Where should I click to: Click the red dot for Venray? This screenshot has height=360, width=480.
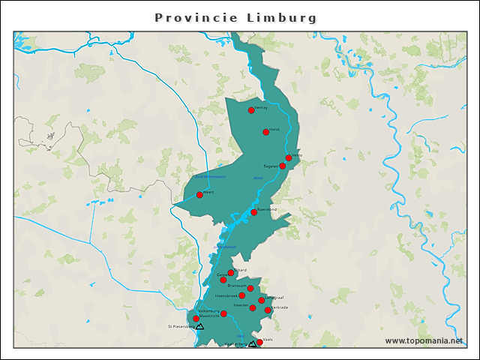click(x=251, y=110)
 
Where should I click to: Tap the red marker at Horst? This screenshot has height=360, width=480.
click(x=266, y=132)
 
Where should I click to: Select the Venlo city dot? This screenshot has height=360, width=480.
click(x=289, y=158)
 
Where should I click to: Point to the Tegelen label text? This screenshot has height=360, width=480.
click(x=271, y=166)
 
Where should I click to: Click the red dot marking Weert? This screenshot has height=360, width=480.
click(x=199, y=195)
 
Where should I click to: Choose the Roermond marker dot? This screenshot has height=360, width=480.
click(x=254, y=212)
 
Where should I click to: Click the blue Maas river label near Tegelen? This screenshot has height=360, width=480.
click(x=258, y=178)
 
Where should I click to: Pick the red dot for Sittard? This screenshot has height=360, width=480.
click(x=231, y=273)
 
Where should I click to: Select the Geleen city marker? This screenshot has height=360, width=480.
click(x=223, y=280)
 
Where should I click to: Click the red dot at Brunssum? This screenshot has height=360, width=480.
click(x=250, y=288)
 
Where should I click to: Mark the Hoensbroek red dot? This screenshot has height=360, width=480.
click(x=242, y=295)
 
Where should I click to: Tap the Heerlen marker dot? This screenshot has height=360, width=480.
click(x=253, y=307)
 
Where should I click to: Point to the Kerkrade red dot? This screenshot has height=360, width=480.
click(x=268, y=310)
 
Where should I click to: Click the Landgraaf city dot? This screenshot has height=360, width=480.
click(x=262, y=301)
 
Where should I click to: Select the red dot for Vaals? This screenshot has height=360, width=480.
click(x=259, y=343)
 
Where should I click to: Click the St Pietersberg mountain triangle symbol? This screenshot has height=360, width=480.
click(x=200, y=327)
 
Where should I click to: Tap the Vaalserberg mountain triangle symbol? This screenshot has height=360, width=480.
click(x=252, y=344)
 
